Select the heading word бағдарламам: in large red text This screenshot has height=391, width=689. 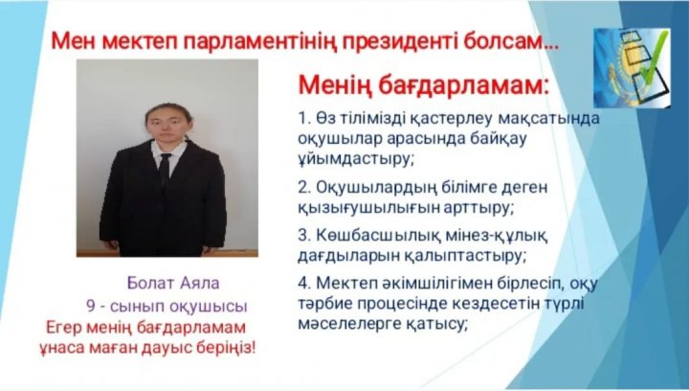(x=463, y=85)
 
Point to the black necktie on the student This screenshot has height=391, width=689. (x=165, y=170)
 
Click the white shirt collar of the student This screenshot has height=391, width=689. (x=168, y=149)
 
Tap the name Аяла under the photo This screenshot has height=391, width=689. (x=199, y=284)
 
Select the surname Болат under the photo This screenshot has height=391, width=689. (x=150, y=284)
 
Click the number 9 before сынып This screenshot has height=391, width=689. (x=91, y=306)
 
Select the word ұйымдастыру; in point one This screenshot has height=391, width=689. (x=356, y=158)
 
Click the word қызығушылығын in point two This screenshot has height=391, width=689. (x=368, y=208)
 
